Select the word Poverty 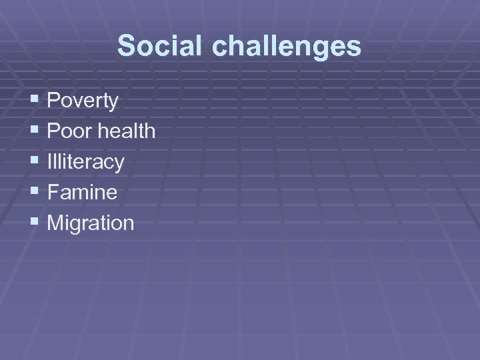click(x=83, y=101)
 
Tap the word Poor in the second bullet click(x=70, y=131)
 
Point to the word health click(x=127, y=131)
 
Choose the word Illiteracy click(x=86, y=162)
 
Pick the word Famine click(x=82, y=193)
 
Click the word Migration click(x=91, y=223)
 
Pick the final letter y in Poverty click(x=114, y=103)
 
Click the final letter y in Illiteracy click(x=119, y=164)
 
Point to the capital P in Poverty click(x=54, y=101)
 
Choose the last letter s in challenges click(x=355, y=48)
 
